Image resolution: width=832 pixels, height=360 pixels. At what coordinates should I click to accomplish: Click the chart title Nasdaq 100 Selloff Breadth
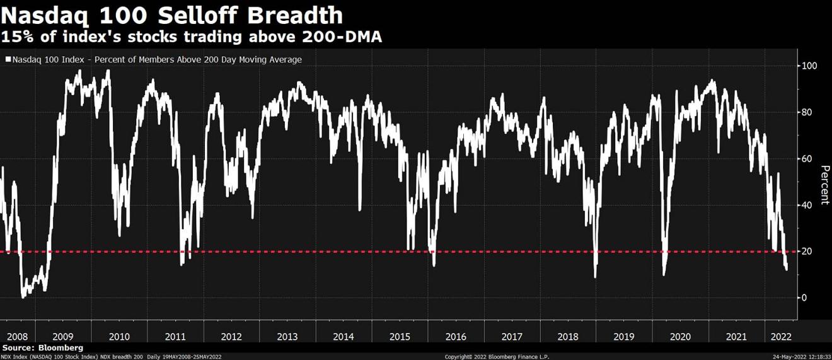173,15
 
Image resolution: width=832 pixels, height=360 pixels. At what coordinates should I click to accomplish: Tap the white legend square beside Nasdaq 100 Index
8,60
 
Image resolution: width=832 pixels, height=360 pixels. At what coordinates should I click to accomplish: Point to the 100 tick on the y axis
809,66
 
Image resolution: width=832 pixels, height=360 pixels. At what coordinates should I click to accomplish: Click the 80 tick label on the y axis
807,112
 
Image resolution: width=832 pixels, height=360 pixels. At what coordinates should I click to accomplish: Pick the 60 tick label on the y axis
807,158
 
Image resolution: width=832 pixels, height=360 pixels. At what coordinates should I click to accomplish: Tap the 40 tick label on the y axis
807,205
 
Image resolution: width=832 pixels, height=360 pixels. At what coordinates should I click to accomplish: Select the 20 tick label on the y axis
807,251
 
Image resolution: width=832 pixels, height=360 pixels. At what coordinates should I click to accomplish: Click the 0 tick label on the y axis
805,298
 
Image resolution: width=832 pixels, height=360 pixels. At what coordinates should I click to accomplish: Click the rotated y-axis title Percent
824,185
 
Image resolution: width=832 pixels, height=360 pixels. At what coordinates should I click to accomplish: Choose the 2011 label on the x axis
175,336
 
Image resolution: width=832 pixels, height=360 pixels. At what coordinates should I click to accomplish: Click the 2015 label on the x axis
400,336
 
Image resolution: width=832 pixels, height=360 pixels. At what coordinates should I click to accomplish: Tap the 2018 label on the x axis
567,336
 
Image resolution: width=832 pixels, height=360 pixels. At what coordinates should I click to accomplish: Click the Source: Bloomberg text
43,347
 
